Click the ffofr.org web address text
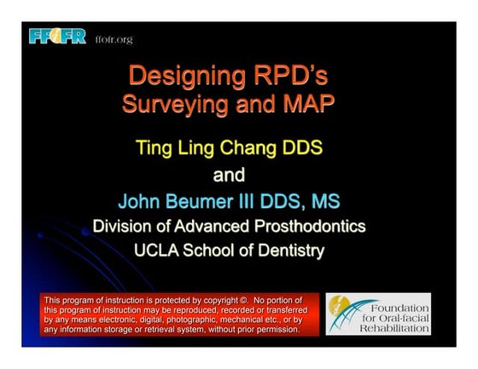tap(114, 39)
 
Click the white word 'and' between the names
tap(228, 176)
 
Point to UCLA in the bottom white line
tap(158, 251)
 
